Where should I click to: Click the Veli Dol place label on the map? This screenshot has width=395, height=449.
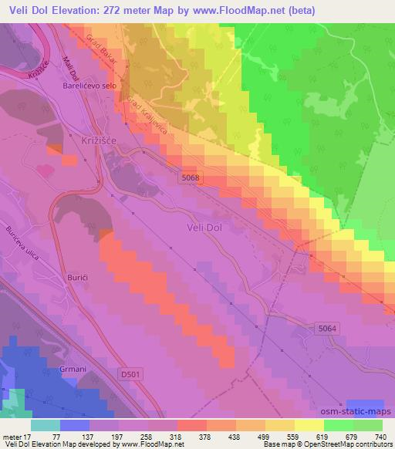point(205,228)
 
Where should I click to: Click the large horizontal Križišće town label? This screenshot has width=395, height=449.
point(98,133)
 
